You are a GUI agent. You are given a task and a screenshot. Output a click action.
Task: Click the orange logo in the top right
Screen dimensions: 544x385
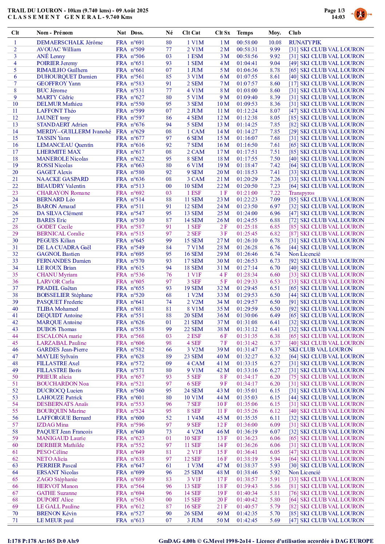pos(360,14)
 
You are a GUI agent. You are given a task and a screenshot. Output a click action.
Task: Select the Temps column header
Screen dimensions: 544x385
pos(245,33)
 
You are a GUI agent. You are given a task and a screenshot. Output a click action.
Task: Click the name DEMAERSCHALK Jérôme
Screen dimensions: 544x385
pos(70,43)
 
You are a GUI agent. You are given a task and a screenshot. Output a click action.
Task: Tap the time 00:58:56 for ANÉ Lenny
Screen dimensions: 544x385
pos(247,56)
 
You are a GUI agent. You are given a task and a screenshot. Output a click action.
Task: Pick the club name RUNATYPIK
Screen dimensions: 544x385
pos(305,43)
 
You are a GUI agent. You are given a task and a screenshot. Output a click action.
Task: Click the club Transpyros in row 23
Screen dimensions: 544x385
pos(301,193)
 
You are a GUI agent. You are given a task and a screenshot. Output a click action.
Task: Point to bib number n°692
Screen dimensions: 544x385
pos(138,193)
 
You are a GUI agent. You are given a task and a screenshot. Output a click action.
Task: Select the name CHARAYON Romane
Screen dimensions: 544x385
pos(63,193)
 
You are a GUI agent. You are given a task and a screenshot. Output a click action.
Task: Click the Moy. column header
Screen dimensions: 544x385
pos(274,33)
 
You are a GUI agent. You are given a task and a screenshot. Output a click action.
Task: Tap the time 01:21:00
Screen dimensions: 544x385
pos(247,193)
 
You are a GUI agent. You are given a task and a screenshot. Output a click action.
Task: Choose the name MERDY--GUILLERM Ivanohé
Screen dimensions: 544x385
pos(74,132)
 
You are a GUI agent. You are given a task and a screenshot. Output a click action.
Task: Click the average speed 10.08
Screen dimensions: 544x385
pos(275,43)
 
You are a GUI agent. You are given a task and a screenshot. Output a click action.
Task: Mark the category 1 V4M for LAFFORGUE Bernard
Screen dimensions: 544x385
pos(195,418)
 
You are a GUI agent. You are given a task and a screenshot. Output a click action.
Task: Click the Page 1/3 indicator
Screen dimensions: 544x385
pos(334,11)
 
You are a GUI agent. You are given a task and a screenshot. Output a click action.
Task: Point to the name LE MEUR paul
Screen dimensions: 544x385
pos(55,520)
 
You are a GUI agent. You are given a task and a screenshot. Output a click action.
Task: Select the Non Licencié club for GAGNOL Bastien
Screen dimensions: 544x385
pos(304,254)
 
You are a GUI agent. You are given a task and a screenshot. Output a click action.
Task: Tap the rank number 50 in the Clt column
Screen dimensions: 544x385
pos(15,377)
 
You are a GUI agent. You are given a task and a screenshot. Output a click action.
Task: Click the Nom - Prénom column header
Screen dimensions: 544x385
pos(55,33)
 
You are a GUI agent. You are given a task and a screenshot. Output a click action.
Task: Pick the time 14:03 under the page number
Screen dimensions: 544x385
pos(338,17)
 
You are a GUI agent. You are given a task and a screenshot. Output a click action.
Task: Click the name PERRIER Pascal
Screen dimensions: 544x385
pos(57,466)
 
